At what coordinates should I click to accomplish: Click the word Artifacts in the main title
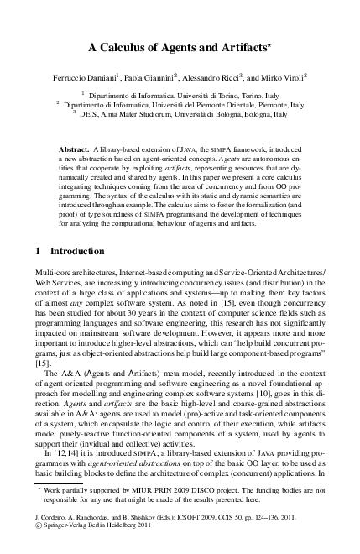pyautogui.click(x=240, y=49)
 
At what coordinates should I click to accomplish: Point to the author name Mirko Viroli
pyautogui.click(x=284, y=77)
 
